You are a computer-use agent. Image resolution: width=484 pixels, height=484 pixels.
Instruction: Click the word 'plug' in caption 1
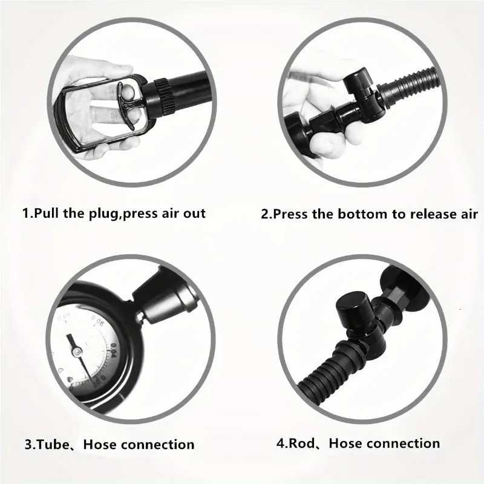click(x=102, y=214)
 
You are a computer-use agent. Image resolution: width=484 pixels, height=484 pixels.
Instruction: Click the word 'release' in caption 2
click(x=431, y=214)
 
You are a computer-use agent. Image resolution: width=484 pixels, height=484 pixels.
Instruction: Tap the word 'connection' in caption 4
click(x=403, y=443)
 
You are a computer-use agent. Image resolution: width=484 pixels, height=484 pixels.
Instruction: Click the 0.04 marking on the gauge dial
click(x=112, y=352)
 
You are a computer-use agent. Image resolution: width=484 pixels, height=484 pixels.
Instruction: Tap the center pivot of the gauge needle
click(x=76, y=350)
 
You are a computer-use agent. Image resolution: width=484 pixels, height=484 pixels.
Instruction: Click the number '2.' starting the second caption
click(x=266, y=214)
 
